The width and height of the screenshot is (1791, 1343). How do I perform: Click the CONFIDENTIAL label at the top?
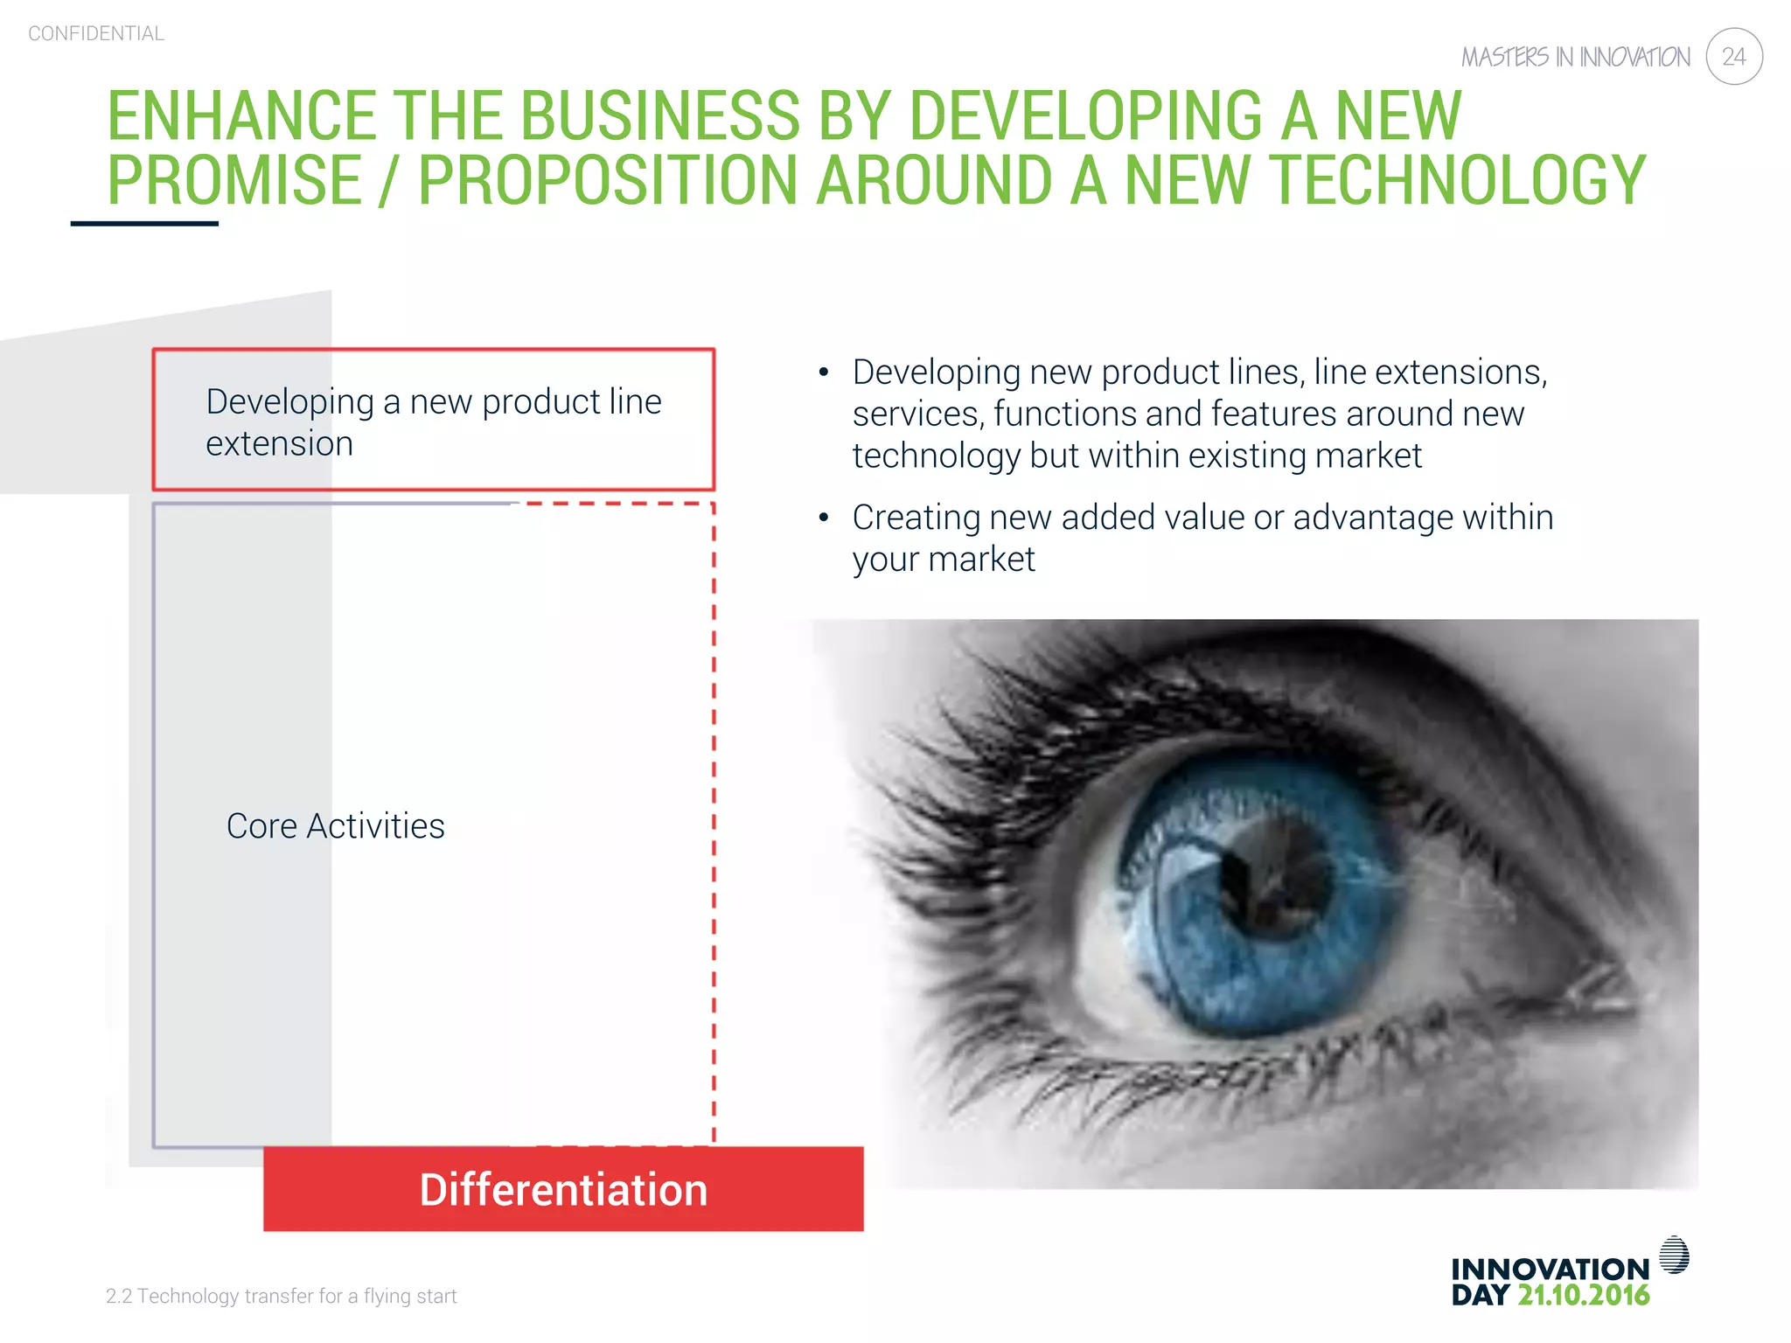pos(96,34)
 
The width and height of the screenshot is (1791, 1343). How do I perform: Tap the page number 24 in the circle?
pos(1733,57)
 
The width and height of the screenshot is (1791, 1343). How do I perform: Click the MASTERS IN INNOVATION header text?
pos(1575,58)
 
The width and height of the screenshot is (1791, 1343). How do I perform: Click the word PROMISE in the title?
pos(234,181)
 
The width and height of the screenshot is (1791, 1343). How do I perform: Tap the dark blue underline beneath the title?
pos(144,224)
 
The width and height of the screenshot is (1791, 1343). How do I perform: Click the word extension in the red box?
pos(279,444)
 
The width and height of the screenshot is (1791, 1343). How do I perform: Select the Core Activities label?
pos(335,826)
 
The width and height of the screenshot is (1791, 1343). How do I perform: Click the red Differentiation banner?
pos(563,1189)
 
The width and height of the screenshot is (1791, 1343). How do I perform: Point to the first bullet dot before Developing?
pos(823,373)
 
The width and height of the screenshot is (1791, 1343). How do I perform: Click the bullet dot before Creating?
pos(823,518)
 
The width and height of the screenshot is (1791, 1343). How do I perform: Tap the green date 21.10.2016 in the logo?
pos(1583,1296)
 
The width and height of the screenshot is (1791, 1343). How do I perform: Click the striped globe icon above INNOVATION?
pos(1674,1255)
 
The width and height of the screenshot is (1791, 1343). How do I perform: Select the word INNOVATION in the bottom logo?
pos(1550,1269)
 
